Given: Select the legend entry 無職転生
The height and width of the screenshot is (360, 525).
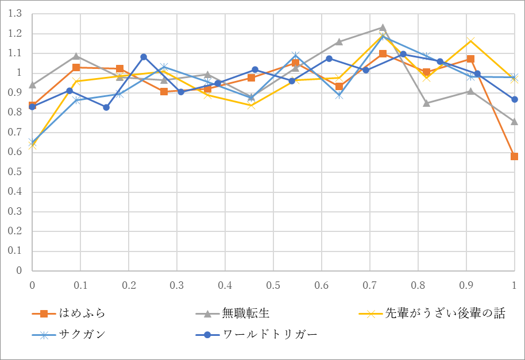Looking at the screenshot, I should (246, 313).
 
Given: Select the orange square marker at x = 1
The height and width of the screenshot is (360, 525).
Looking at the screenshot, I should (514, 156).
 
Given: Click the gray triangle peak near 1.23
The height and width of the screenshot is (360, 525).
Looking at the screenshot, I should (383, 28).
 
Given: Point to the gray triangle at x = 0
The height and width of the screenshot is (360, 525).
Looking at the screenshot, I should (32, 85).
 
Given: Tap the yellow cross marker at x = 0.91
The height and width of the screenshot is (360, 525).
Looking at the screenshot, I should (470, 41).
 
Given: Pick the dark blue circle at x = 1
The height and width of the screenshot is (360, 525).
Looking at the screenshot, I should (514, 99).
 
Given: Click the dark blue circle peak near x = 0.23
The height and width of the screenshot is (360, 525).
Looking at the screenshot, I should (144, 57).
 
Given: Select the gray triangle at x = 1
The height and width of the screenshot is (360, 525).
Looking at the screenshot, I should (514, 122).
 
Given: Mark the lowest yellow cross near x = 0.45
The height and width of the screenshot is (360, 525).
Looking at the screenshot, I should (251, 105).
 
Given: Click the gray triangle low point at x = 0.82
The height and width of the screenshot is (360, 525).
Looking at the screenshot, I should (426, 103).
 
